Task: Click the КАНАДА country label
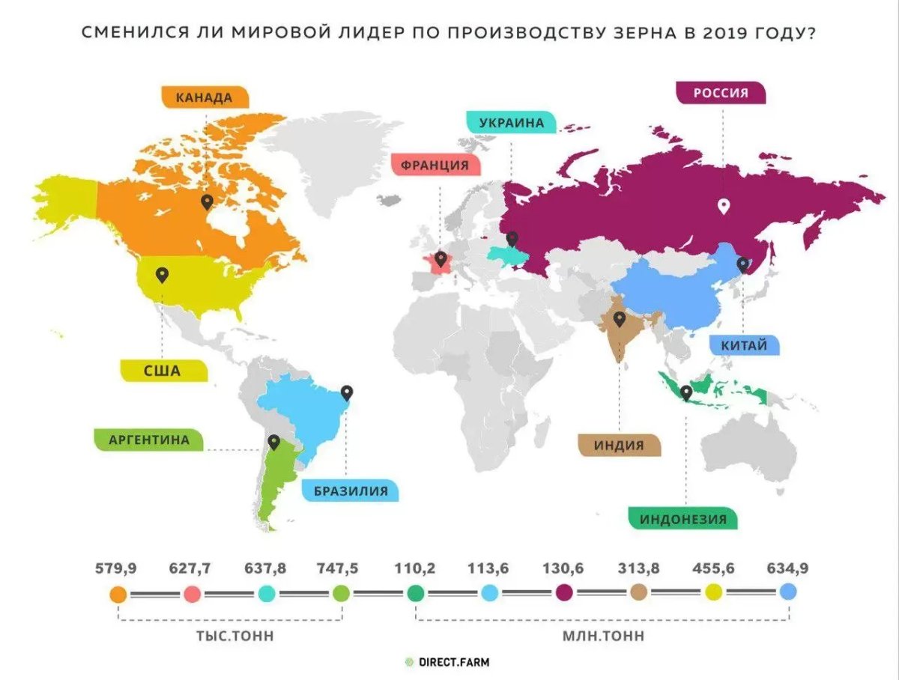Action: (205, 97)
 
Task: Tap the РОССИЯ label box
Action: (721, 93)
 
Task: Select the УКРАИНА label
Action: (512, 123)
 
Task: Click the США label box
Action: (164, 370)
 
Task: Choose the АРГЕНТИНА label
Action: (149, 440)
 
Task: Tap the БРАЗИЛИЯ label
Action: (350, 491)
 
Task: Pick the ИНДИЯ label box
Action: (619, 445)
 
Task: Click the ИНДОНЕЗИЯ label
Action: (682, 518)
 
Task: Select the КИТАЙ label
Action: (744, 345)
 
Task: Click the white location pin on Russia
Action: (724, 206)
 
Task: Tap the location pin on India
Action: (620, 320)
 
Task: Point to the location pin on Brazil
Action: (346, 392)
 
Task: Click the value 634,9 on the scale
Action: (787, 569)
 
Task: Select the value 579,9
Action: (117, 569)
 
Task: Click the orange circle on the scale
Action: (118, 595)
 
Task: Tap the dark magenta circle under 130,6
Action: (565, 594)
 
